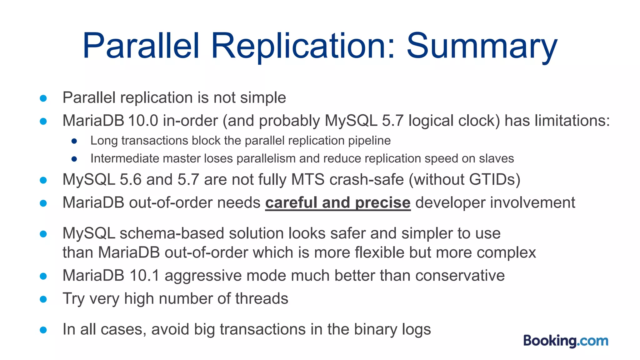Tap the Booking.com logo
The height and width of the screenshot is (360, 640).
pos(566,341)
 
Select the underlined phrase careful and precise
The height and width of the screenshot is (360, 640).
pos(338,202)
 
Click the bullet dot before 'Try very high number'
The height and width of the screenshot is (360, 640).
pos(43,299)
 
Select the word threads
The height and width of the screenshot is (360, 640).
pos(262,298)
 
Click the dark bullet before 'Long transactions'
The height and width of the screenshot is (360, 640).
pos(74,141)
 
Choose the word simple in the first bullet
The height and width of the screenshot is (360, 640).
pos(263,97)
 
